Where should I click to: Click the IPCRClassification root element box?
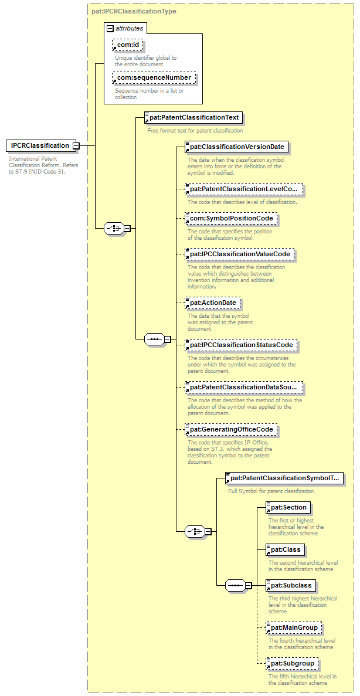(x=39, y=145)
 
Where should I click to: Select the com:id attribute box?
(x=128, y=45)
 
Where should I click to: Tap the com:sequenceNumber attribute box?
(x=154, y=78)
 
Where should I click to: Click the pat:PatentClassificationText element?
(x=192, y=118)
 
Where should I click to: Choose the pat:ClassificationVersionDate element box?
(x=236, y=147)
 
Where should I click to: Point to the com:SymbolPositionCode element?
(x=231, y=218)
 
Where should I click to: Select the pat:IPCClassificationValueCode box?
(x=239, y=254)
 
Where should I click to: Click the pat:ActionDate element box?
(x=212, y=303)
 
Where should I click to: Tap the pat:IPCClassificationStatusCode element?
(x=240, y=345)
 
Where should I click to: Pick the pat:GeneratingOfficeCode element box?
(x=231, y=430)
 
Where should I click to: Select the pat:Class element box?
(x=284, y=549)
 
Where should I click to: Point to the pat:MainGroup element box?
(x=293, y=628)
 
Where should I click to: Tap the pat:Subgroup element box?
(x=291, y=663)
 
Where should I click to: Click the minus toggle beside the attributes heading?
(x=110, y=28)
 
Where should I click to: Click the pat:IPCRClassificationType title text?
(x=134, y=11)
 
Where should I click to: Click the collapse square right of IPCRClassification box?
(x=76, y=145)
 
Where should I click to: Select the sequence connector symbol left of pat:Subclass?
(x=235, y=585)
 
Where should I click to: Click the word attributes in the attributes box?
(x=129, y=28)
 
